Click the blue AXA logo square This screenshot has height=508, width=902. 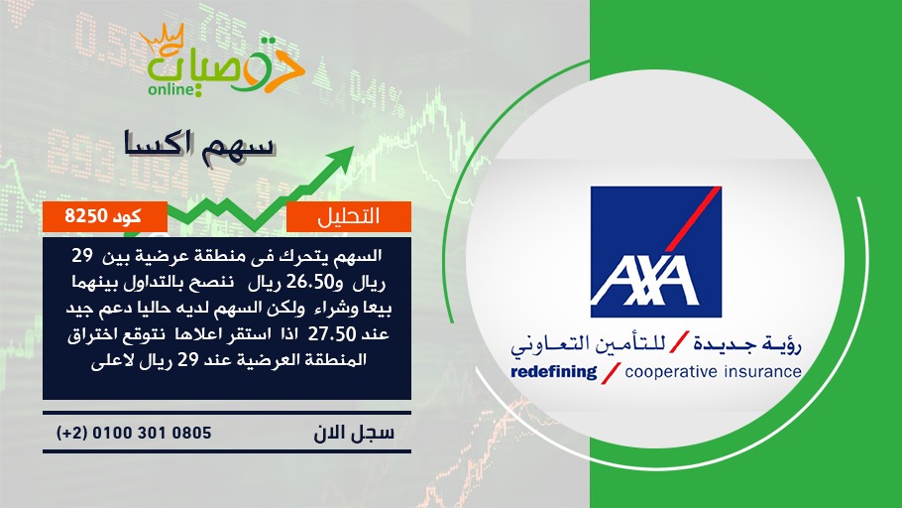[656, 252]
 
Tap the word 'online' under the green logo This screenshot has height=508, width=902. [169, 90]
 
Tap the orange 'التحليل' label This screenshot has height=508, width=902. [349, 216]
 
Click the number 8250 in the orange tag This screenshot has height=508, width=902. [86, 216]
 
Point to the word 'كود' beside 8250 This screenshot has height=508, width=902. [128, 216]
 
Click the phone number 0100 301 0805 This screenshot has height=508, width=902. [152, 433]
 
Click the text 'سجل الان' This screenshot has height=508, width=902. [354, 433]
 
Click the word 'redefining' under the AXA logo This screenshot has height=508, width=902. [553, 372]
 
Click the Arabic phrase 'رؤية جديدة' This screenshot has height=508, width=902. [747, 344]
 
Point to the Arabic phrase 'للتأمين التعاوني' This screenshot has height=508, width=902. [588, 344]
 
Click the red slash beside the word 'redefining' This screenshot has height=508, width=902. [611, 372]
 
